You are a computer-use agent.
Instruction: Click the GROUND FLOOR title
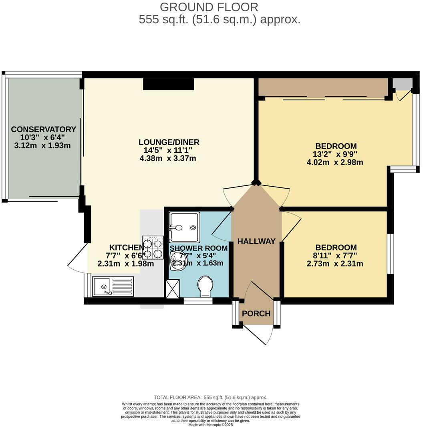[209, 7]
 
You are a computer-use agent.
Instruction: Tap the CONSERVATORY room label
[43, 129]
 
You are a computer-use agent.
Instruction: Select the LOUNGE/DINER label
[169, 142]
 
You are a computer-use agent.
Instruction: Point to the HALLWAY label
[256, 241]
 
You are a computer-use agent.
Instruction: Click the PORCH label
[256, 313]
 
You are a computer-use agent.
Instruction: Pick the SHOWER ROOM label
[198, 248]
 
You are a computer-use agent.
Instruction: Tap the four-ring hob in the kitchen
[153, 247]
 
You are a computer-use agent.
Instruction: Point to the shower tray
[184, 227]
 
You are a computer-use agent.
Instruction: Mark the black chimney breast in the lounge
[169, 84]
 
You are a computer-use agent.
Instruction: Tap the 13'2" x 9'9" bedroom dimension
[336, 154]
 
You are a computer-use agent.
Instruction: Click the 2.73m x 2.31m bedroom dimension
[336, 264]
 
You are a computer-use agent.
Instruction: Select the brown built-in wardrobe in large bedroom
[322, 87]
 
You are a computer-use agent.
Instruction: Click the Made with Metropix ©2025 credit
[211, 425]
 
